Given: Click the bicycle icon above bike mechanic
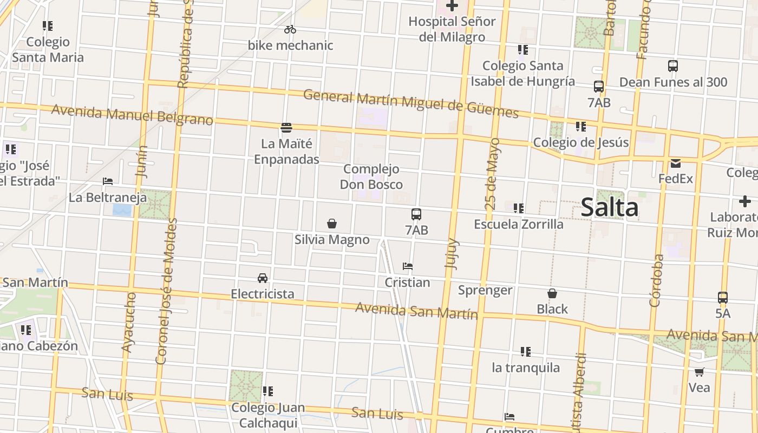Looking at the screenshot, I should [x=290, y=29].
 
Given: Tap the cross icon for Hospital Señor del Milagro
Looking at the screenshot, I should [x=452, y=6].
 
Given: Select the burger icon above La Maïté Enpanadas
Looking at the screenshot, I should [x=286, y=128].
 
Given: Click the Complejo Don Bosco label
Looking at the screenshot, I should [x=371, y=177].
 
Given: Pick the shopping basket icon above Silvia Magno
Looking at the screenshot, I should [x=332, y=224].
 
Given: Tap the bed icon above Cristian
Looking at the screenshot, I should [x=408, y=266].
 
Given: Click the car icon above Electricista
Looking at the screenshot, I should [x=263, y=278].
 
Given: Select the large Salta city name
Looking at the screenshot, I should [x=609, y=208].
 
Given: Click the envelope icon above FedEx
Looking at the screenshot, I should [x=675, y=163].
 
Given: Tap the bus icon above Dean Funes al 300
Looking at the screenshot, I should [x=672, y=66].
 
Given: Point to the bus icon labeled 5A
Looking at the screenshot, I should [x=722, y=298].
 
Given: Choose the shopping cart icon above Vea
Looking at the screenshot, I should [x=699, y=372].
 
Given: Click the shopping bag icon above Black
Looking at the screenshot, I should [x=552, y=293].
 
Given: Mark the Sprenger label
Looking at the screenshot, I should [x=485, y=290].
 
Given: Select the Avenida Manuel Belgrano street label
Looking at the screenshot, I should [x=132, y=115].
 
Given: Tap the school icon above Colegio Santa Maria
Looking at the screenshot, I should [x=48, y=26].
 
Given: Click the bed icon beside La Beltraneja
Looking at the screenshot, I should [x=108, y=181].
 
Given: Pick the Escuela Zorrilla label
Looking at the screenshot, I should [x=518, y=224].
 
